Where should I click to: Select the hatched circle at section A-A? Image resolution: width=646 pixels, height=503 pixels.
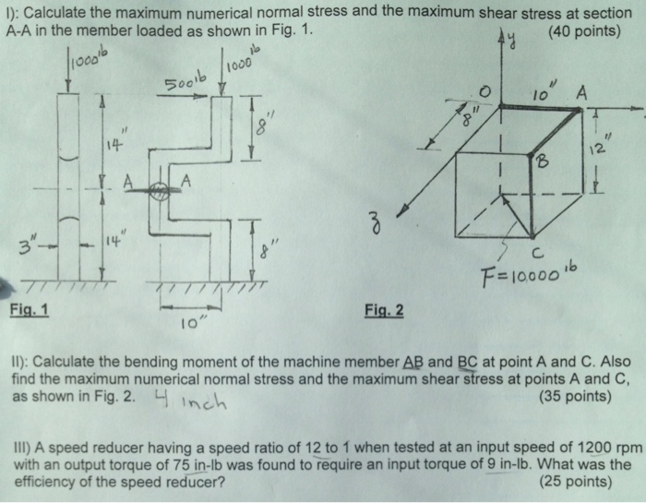(x=159, y=191)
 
